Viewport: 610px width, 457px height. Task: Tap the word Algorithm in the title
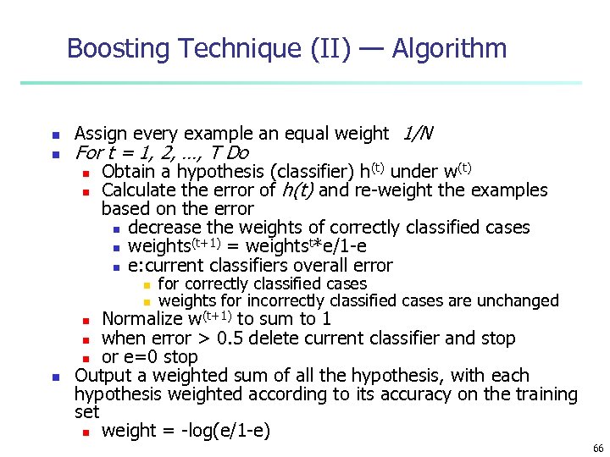pos(449,48)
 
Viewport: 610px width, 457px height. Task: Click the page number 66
pos(598,448)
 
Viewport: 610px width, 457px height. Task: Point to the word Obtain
pos(129,172)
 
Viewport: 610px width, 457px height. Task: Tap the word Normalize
pos(142,319)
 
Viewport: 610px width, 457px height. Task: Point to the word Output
pos(100,375)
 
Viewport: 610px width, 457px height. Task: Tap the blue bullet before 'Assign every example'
pos(54,135)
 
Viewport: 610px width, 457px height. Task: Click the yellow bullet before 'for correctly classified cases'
pos(146,285)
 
